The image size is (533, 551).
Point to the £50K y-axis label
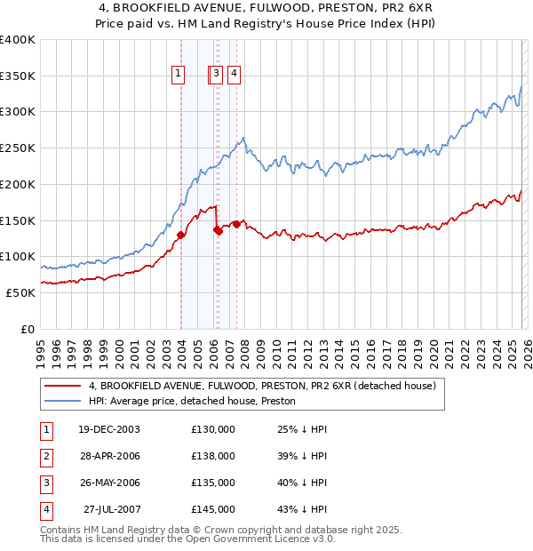point(20,292)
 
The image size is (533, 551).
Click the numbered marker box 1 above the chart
point(179,74)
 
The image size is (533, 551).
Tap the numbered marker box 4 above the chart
point(235,74)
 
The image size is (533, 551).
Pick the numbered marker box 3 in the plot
point(217,74)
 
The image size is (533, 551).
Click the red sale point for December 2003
point(181,235)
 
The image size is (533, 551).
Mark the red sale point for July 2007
point(236,224)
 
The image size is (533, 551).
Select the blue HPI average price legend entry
point(192,402)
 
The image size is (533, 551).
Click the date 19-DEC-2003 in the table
point(108,428)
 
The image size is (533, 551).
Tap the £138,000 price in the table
point(213,456)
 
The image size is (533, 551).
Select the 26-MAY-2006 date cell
point(108,483)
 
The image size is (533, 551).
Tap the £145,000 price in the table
point(213,509)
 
